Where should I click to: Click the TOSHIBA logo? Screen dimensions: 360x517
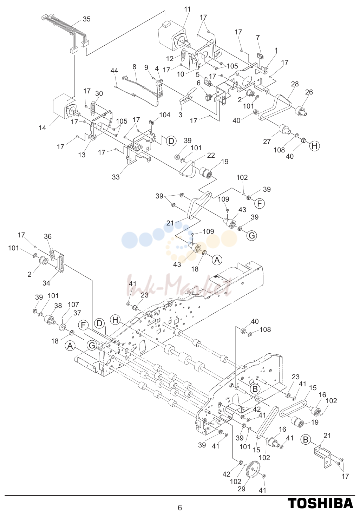pyautogui.click(x=320, y=503)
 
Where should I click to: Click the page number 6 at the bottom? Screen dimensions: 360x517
pyautogui.click(x=180, y=508)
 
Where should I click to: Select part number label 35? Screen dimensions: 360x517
pyautogui.click(x=86, y=19)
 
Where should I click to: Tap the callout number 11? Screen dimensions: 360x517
pyautogui.click(x=188, y=9)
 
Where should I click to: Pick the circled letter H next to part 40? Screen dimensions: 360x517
pyautogui.click(x=315, y=146)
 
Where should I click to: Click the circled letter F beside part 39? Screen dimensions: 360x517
pyautogui.click(x=260, y=203)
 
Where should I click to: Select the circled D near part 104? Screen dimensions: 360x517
pyautogui.click(x=171, y=141)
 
